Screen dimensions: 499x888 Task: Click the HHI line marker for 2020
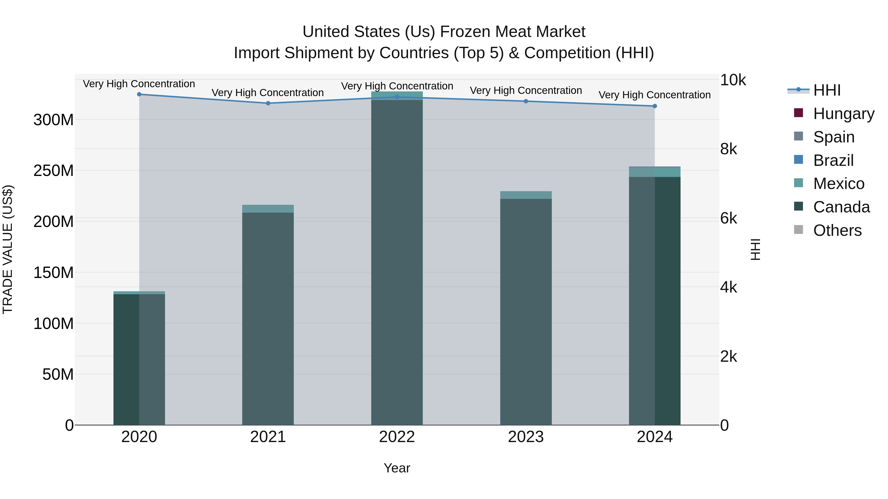(139, 94)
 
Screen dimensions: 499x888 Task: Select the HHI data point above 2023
(526, 101)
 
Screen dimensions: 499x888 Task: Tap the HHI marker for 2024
(655, 106)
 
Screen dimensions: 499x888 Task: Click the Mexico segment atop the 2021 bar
(268, 209)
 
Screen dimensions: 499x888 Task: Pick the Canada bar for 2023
(526, 310)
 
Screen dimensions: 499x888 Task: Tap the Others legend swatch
(798, 230)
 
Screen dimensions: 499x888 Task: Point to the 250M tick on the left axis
(54, 171)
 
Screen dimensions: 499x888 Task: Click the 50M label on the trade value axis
(58, 374)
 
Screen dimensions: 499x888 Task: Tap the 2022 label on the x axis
(397, 437)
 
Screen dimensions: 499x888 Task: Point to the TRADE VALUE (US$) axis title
(8, 249)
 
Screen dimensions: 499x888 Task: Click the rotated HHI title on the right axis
(755, 249)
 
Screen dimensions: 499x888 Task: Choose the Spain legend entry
(833, 137)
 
